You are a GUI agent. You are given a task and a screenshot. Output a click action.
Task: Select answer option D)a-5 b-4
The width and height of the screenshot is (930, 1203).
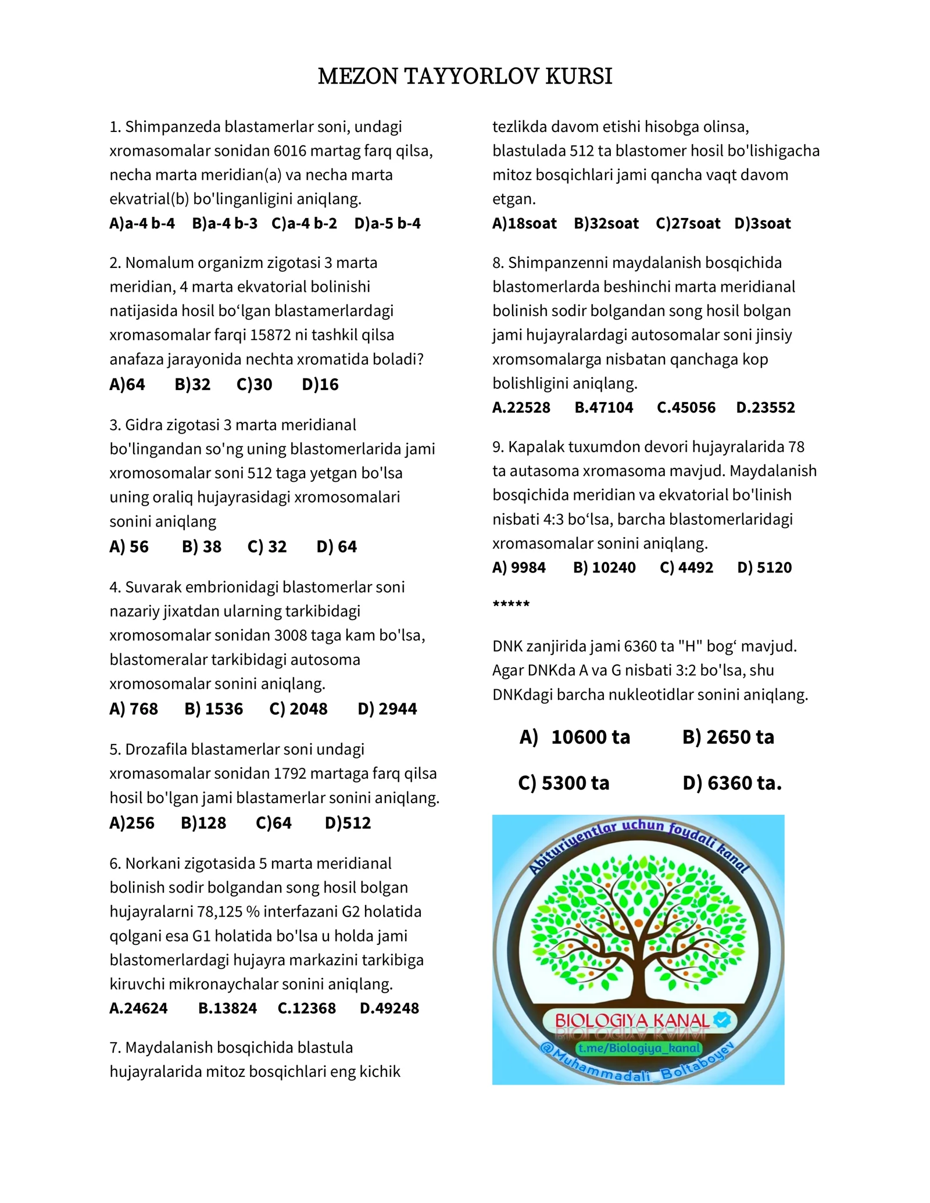coord(387,223)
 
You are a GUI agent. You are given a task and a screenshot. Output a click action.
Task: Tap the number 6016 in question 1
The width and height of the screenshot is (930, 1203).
coord(289,151)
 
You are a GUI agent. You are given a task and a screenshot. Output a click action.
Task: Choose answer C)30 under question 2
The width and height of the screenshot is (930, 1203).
coord(254,384)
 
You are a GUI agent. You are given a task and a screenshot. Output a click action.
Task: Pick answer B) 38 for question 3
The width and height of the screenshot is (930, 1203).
coord(201,546)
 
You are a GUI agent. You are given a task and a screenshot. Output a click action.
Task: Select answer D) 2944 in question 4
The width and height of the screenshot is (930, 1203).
coord(387,708)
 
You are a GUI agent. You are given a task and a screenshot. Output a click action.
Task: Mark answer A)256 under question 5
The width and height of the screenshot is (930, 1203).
coord(132,822)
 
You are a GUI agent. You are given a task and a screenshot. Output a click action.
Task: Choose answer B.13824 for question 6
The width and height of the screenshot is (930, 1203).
coord(227,1008)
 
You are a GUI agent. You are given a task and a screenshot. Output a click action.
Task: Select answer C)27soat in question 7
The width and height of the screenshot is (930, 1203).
coord(688,223)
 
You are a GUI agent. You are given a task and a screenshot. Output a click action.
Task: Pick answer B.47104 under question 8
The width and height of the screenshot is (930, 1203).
coord(603,407)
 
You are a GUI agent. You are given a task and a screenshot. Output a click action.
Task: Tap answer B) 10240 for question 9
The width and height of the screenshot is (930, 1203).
coord(604,567)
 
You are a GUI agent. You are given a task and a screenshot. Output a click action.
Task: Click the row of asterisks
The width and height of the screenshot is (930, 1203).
coord(511,604)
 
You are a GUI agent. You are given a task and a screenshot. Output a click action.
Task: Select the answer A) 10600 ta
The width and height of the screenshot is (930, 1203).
coord(575,737)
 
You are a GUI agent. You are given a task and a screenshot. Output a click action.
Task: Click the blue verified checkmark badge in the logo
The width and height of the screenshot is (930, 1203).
coord(722,1019)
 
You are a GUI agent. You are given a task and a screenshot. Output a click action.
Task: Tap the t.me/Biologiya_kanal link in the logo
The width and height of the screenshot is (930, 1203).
coord(639,1048)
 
